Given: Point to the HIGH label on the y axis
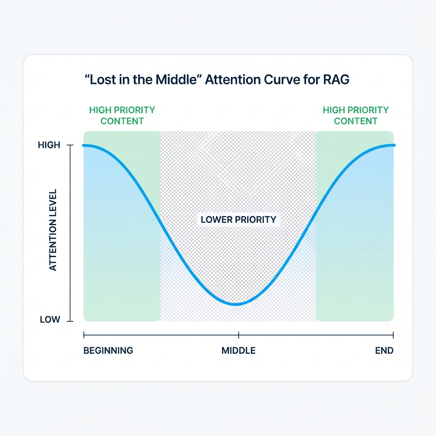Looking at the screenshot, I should click(x=49, y=145).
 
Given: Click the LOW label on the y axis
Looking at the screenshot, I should click(x=50, y=319).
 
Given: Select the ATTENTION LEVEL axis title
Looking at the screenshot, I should click(x=53, y=230).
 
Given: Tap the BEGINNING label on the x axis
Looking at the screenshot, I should click(x=108, y=351).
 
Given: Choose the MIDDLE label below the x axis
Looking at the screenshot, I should click(x=238, y=351).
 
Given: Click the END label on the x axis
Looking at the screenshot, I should click(x=384, y=351).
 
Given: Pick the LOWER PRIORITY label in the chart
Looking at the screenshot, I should click(x=238, y=220).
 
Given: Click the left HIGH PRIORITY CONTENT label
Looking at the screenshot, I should click(x=122, y=115).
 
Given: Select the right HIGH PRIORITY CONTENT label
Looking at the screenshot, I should click(x=356, y=115).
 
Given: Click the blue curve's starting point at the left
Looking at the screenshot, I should click(x=84, y=146).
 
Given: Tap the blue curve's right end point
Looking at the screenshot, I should click(x=394, y=146).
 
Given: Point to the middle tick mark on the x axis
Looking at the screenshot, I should click(x=238, y=335).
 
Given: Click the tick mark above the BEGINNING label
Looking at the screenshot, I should click(x=84, y=335).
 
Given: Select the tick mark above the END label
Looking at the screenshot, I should click(x=393, y=335).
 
